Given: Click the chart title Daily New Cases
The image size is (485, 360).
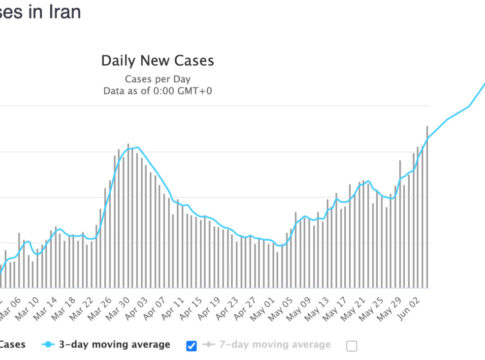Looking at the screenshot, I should [157, 61].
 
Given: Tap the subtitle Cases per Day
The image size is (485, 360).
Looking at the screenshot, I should [157, 78].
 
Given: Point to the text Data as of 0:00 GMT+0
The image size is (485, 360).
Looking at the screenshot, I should [157, 91].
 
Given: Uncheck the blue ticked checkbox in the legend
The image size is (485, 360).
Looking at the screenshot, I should [192, 346].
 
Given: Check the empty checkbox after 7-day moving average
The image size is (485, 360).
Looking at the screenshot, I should [351, 346].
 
